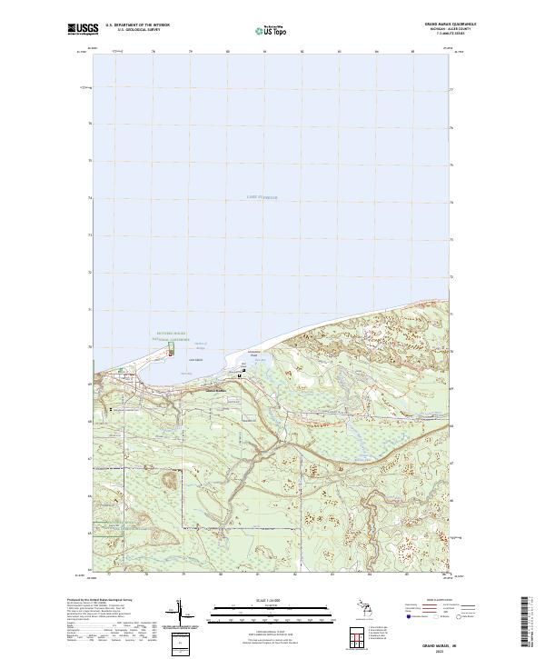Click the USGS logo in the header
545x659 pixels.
[83, 29]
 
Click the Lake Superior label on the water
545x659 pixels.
[261, 196]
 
